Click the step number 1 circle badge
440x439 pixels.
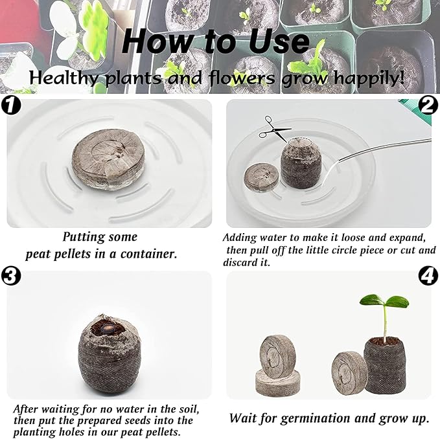pos(11,105)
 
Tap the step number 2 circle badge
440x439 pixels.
pos(428,105)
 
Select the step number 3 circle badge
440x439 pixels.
pos(11,276)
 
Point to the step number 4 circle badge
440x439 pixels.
pos(428,276)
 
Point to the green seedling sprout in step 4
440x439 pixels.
pos(384,308)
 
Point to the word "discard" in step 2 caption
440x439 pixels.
pos(242,262)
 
